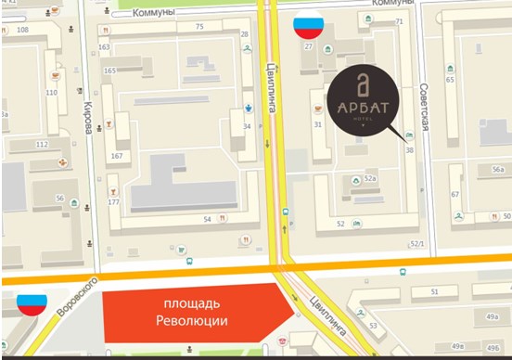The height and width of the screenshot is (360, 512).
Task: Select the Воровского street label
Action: [76, 296]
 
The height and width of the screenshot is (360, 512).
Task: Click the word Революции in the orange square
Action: [192, 321]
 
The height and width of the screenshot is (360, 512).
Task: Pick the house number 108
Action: [23, 30]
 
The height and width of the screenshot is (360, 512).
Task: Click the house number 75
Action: [198, 26]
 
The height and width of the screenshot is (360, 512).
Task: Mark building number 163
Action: [104, 47]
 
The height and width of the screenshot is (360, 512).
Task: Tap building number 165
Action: [110, 71]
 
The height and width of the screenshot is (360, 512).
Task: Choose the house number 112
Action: [42, 145]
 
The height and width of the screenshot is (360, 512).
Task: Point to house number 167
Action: [117, 155]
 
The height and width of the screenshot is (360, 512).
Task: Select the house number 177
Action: [113, 201]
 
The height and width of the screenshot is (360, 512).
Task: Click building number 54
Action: [207, 219]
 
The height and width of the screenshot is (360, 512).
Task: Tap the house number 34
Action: [247, 126]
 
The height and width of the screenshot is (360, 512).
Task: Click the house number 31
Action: [317, 124]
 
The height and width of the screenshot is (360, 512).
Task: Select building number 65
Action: [450, 80]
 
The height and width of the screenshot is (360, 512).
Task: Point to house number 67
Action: [454, 194]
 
